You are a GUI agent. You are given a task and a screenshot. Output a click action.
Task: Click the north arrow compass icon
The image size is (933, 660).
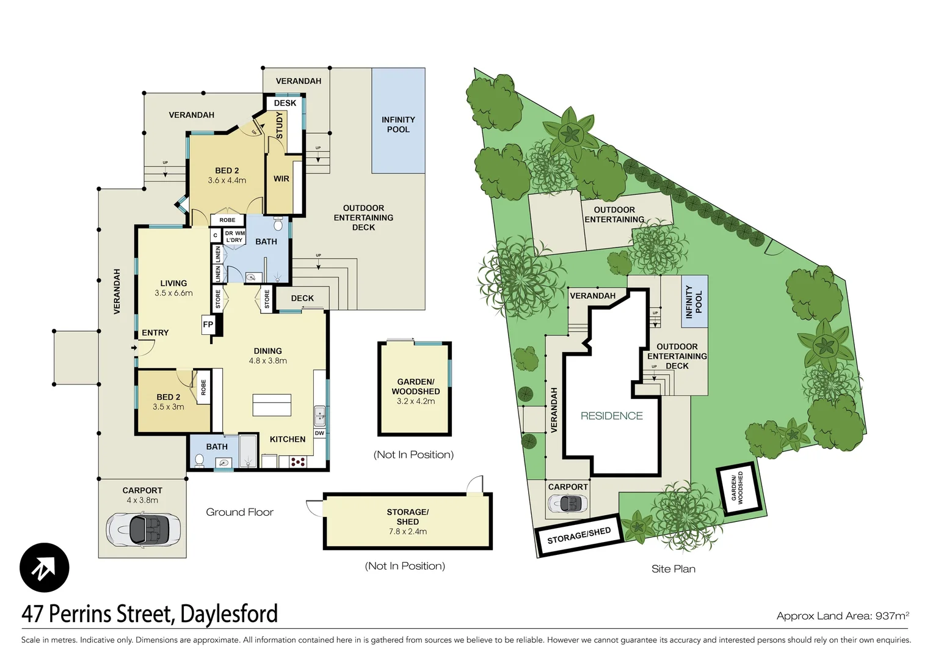(x=44, y=567)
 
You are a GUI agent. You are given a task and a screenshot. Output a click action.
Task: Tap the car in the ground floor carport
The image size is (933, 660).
(x=143, y=528)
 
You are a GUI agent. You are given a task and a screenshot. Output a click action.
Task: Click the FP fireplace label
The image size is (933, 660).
(x=208, y=324)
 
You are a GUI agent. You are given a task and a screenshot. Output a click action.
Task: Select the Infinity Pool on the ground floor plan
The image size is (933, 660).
(x=398, y=124)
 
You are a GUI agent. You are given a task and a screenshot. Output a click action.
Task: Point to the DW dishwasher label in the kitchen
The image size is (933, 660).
(x=319, y=433)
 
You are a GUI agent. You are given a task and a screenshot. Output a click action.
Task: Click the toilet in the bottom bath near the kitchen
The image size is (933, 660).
(x=199, y=460)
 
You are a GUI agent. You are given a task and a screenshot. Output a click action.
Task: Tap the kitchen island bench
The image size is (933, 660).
(x=272, y=405)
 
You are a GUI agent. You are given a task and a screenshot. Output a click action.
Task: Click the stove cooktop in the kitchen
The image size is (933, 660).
(x=298, y=462)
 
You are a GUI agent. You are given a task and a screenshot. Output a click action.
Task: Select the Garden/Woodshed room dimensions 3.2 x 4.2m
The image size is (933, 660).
(x=415, y=402)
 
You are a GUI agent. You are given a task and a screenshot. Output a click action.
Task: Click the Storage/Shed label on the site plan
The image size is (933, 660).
(x=579, y=535)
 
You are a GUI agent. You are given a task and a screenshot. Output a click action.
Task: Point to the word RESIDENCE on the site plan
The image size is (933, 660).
(x=611, y=416)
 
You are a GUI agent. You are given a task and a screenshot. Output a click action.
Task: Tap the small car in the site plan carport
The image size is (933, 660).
(x=568, y=504)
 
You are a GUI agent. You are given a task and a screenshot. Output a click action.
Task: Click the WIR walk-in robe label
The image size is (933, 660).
(x=281, y=179)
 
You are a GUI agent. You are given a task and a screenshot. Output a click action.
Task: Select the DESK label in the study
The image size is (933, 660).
(x=285, y=103)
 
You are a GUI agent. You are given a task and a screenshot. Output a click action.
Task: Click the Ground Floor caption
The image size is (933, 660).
(x=239, y=512)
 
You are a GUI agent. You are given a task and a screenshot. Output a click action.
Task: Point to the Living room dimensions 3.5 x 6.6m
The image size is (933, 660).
(x=173, y=293)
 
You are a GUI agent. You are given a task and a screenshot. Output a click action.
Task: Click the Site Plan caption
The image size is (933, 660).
(x=673, y=569)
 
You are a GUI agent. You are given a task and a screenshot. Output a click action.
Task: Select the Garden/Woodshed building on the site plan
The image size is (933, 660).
(x=738, y=488)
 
